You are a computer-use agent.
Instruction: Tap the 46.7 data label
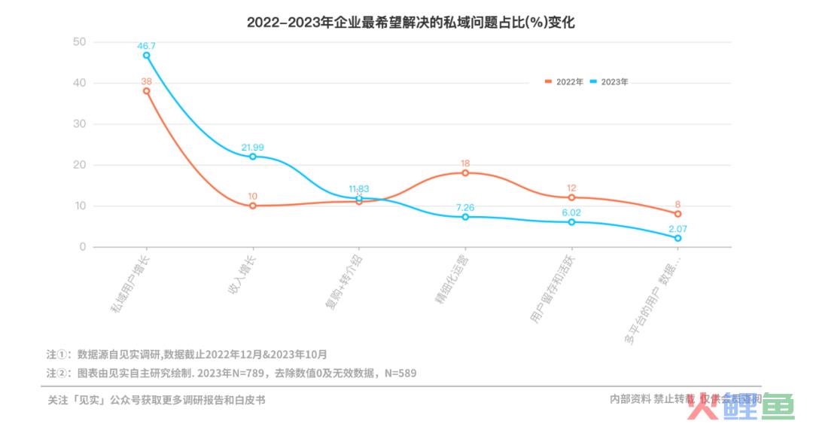click(x=146, y=46)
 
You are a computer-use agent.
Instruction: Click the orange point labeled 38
click(x=146, y=91)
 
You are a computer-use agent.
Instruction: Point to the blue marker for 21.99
click(x=253, y=157)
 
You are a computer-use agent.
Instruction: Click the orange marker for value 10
click(x=253, y=206)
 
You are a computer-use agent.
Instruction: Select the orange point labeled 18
click(x=465, y=172)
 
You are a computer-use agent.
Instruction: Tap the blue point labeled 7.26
click(x=465, y=217)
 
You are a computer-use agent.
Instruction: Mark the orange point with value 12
click(x=571, y=197)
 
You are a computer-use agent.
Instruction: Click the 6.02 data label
click(x=571, y=213)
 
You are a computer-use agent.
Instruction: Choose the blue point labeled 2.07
click(x=677, y=238)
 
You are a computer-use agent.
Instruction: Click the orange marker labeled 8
click(x=677, y=214)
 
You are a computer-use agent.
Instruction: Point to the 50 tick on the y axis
click(x=79, y=41)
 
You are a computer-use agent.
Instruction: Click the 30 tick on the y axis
click(x=79, y=124)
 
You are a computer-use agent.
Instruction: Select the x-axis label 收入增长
click(x=242, y=273)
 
